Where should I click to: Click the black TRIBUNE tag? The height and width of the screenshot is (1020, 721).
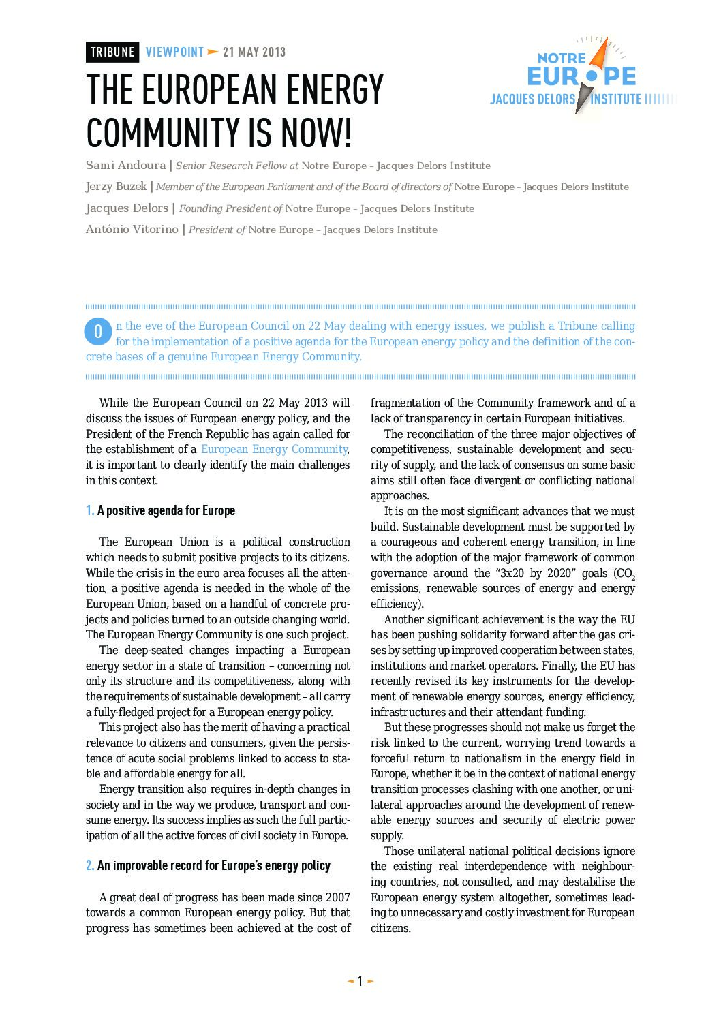pos(112,52)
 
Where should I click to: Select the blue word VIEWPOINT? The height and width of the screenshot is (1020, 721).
pos(174,52)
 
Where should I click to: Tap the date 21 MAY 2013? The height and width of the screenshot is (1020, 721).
pos(254,52)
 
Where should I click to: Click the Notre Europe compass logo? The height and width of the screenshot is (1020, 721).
pos(582,76)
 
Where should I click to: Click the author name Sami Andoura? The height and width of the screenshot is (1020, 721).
pos(125,166)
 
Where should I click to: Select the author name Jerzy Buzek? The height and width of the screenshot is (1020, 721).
pos(116,187)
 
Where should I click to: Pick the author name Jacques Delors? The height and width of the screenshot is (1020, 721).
pos(127,208)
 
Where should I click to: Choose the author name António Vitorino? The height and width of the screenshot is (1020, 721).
pos(132,230)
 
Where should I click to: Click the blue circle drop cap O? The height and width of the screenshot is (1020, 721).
pos(97,332)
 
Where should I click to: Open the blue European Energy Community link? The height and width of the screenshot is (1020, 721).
pos(274,450)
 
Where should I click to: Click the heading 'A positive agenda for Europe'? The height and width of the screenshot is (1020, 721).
pos(166,511)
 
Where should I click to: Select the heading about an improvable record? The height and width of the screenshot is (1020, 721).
pos(213,866)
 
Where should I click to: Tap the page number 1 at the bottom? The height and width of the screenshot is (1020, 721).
pos(360,981)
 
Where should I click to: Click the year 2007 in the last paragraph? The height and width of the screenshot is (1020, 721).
pos(337,897)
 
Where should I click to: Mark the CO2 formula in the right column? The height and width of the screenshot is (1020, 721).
pos(624,574)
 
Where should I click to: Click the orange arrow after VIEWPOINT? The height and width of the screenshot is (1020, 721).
pos(213,52)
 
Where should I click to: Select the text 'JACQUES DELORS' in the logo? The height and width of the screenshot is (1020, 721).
pos(532,99)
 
